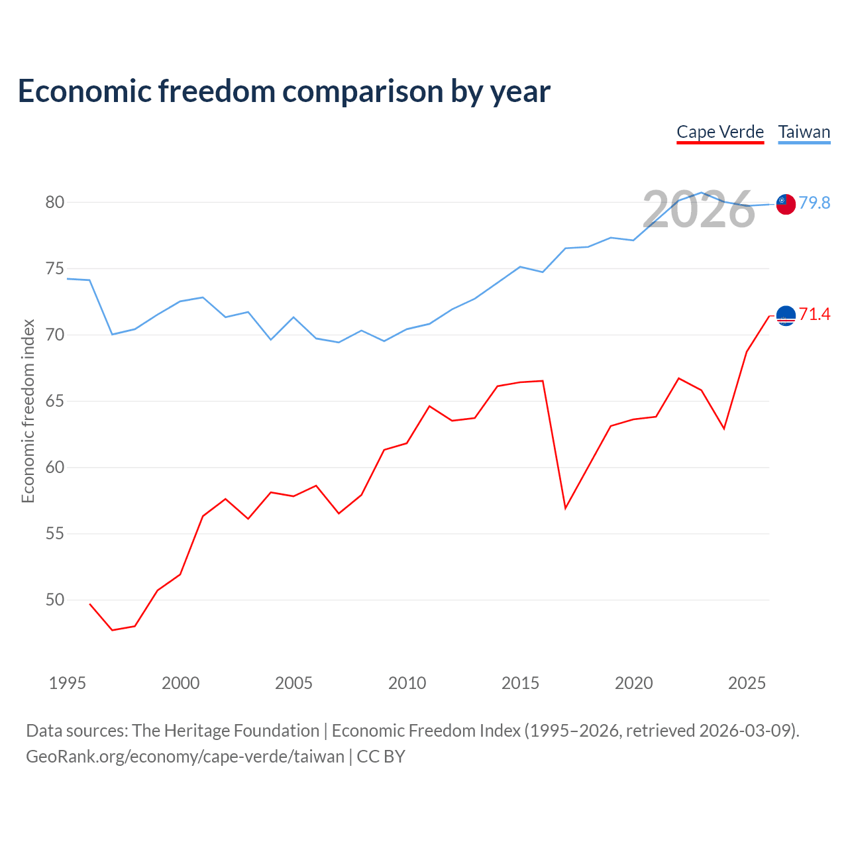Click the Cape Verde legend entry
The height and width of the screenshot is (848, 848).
720,132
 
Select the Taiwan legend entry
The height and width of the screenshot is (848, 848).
804,132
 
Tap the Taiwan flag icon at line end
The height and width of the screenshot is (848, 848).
786,204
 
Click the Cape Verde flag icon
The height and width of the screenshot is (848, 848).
786,315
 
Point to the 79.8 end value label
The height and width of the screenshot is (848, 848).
814,203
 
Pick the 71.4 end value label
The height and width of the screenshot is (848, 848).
814,314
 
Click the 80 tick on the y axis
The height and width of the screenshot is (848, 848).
54,203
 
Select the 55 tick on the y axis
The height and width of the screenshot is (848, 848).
54,534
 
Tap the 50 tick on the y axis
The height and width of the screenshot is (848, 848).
54,600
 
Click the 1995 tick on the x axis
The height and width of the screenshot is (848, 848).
68,683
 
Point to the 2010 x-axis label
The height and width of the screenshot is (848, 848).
407,683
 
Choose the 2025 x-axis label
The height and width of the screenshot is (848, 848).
747,683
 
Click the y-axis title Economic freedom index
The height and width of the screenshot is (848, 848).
28,411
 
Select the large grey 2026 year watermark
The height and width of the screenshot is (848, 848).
699,209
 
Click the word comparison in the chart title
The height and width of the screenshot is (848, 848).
362,92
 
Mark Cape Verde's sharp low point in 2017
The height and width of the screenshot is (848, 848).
566,508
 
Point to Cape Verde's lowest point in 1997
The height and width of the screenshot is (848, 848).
113,630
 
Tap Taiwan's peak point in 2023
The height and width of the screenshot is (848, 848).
702,193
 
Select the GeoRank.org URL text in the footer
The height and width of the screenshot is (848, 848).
185,757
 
